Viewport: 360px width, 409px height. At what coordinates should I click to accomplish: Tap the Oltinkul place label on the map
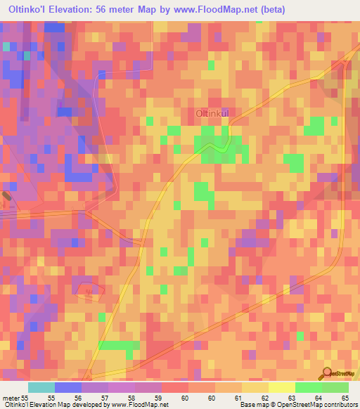point(213,112)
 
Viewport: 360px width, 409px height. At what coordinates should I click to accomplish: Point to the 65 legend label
point(345,397)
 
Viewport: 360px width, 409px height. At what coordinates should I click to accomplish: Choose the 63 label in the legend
point(290,397)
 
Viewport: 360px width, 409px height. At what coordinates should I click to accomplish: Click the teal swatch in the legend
point(41,387)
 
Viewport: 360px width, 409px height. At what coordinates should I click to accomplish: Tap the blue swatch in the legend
point(68,387)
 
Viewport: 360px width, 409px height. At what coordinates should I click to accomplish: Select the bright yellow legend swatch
point(282,387)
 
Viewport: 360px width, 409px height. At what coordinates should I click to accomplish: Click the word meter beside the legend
point(11,397)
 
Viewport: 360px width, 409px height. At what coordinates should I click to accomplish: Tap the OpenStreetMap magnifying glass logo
point(328,375)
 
